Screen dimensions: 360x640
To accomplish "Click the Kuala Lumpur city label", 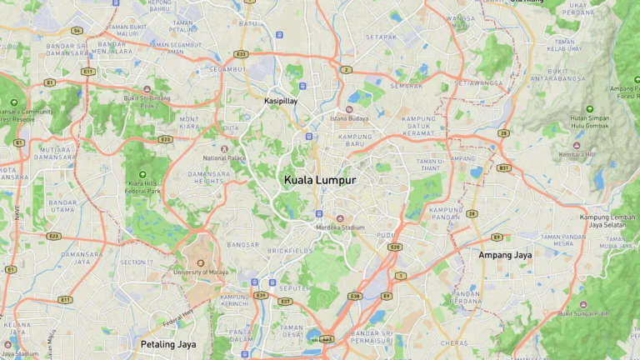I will point(320,180).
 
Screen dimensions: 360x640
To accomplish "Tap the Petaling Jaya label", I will point(168,343).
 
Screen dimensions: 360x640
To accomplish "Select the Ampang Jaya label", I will point(505,254).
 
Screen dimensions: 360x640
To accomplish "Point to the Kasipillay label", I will point(281,101).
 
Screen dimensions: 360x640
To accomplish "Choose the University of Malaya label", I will point(200,272).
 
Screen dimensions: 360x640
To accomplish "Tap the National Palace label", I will point(225,157).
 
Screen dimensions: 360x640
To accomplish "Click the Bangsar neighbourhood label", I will point(243,245).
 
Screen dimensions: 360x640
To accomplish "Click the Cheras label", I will point(454,342).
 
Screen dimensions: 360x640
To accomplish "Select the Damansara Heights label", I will point(207,177).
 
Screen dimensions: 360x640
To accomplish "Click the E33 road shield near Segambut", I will point(241,54).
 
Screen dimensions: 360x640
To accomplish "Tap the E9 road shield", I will point(497,237).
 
